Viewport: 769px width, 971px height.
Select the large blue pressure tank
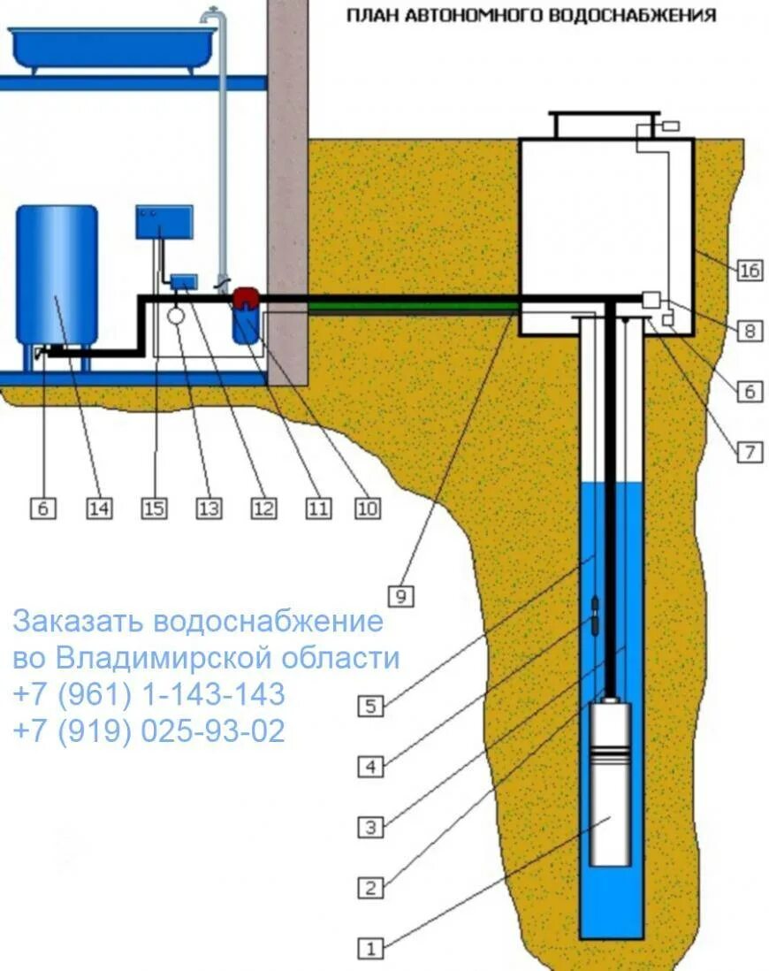(x=57, y=274)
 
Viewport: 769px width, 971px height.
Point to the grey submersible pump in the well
(x=610, y=783)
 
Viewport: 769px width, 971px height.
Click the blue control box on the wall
(x=164, y=221)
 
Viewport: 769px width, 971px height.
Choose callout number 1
(x=371, y=949)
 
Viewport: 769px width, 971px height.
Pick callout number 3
(x=371, y=828)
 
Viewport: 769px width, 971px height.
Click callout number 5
(x=371, y=706)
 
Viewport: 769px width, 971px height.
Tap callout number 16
(x=749, y=270)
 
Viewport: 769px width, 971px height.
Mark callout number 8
(x=749, y=332)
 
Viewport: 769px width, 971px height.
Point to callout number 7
(x=749, y=452)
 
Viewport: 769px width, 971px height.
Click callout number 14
(x=99, y=508)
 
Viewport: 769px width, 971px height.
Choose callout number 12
(x=263, y=508)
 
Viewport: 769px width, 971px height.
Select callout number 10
(x=368, y=508)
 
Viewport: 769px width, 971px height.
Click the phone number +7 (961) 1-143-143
(x=148, y=695)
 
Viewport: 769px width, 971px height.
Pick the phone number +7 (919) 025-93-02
(x=148, y=731)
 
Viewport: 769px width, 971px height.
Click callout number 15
(x=154, y=508)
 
